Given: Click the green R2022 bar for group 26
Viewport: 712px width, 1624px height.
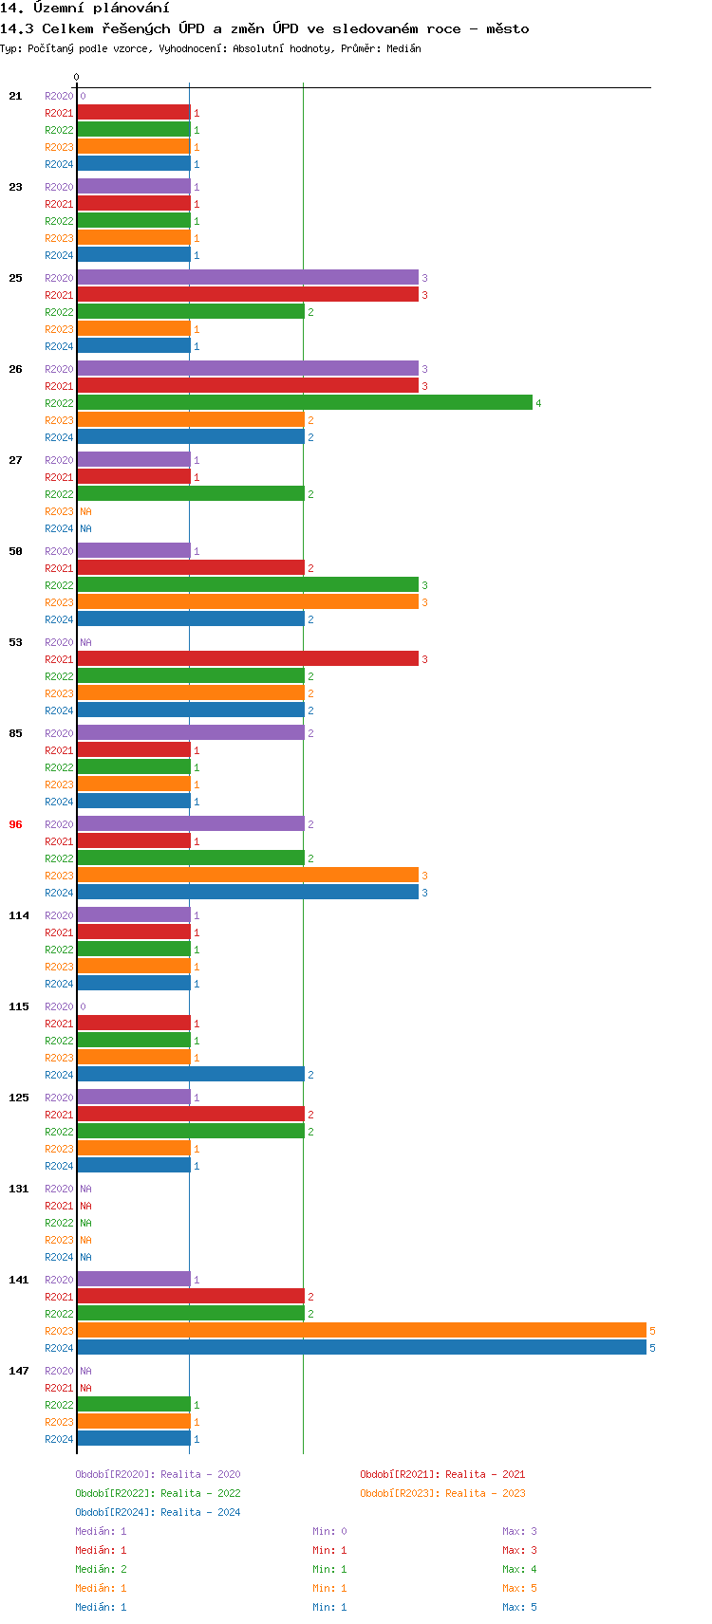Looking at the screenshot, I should pos(304,403).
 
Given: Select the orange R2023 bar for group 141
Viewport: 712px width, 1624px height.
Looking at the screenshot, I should pos(361,1331).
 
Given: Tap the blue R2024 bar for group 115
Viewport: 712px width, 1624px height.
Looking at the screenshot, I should pos(190,1075).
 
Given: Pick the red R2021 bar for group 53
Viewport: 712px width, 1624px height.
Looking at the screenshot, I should pos(247,659).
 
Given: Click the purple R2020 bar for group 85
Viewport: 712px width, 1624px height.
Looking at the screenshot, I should pos(190,733).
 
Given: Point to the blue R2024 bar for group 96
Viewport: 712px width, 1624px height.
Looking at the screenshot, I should pos(247,893).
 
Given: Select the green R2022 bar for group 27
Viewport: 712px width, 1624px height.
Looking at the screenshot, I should pos(190,494).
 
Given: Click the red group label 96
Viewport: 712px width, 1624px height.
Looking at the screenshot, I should pos(15,824).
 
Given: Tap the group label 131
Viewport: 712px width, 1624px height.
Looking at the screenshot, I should pos(19,1189).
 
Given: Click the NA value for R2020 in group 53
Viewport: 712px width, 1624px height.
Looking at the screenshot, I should pos(85,642).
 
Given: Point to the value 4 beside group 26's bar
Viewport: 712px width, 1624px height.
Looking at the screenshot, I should pos(538,403).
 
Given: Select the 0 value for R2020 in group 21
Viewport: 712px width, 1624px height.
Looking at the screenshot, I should pos(83,96).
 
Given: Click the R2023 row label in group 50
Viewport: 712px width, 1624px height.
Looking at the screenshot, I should pos(59,602).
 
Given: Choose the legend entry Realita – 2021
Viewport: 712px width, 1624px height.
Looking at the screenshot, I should pos(442,1474).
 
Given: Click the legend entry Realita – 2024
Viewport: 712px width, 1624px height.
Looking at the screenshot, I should pos(158,1512).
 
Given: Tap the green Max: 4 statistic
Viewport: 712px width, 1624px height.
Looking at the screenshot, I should pos(519,1569).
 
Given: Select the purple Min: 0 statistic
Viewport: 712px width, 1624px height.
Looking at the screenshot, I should pos(329,1531).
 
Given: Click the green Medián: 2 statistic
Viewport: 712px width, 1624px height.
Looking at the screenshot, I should pos(101,1569).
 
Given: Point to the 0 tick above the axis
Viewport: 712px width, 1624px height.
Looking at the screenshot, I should pos(77,77).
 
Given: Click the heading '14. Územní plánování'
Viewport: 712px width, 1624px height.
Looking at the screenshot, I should pos(84,9).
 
